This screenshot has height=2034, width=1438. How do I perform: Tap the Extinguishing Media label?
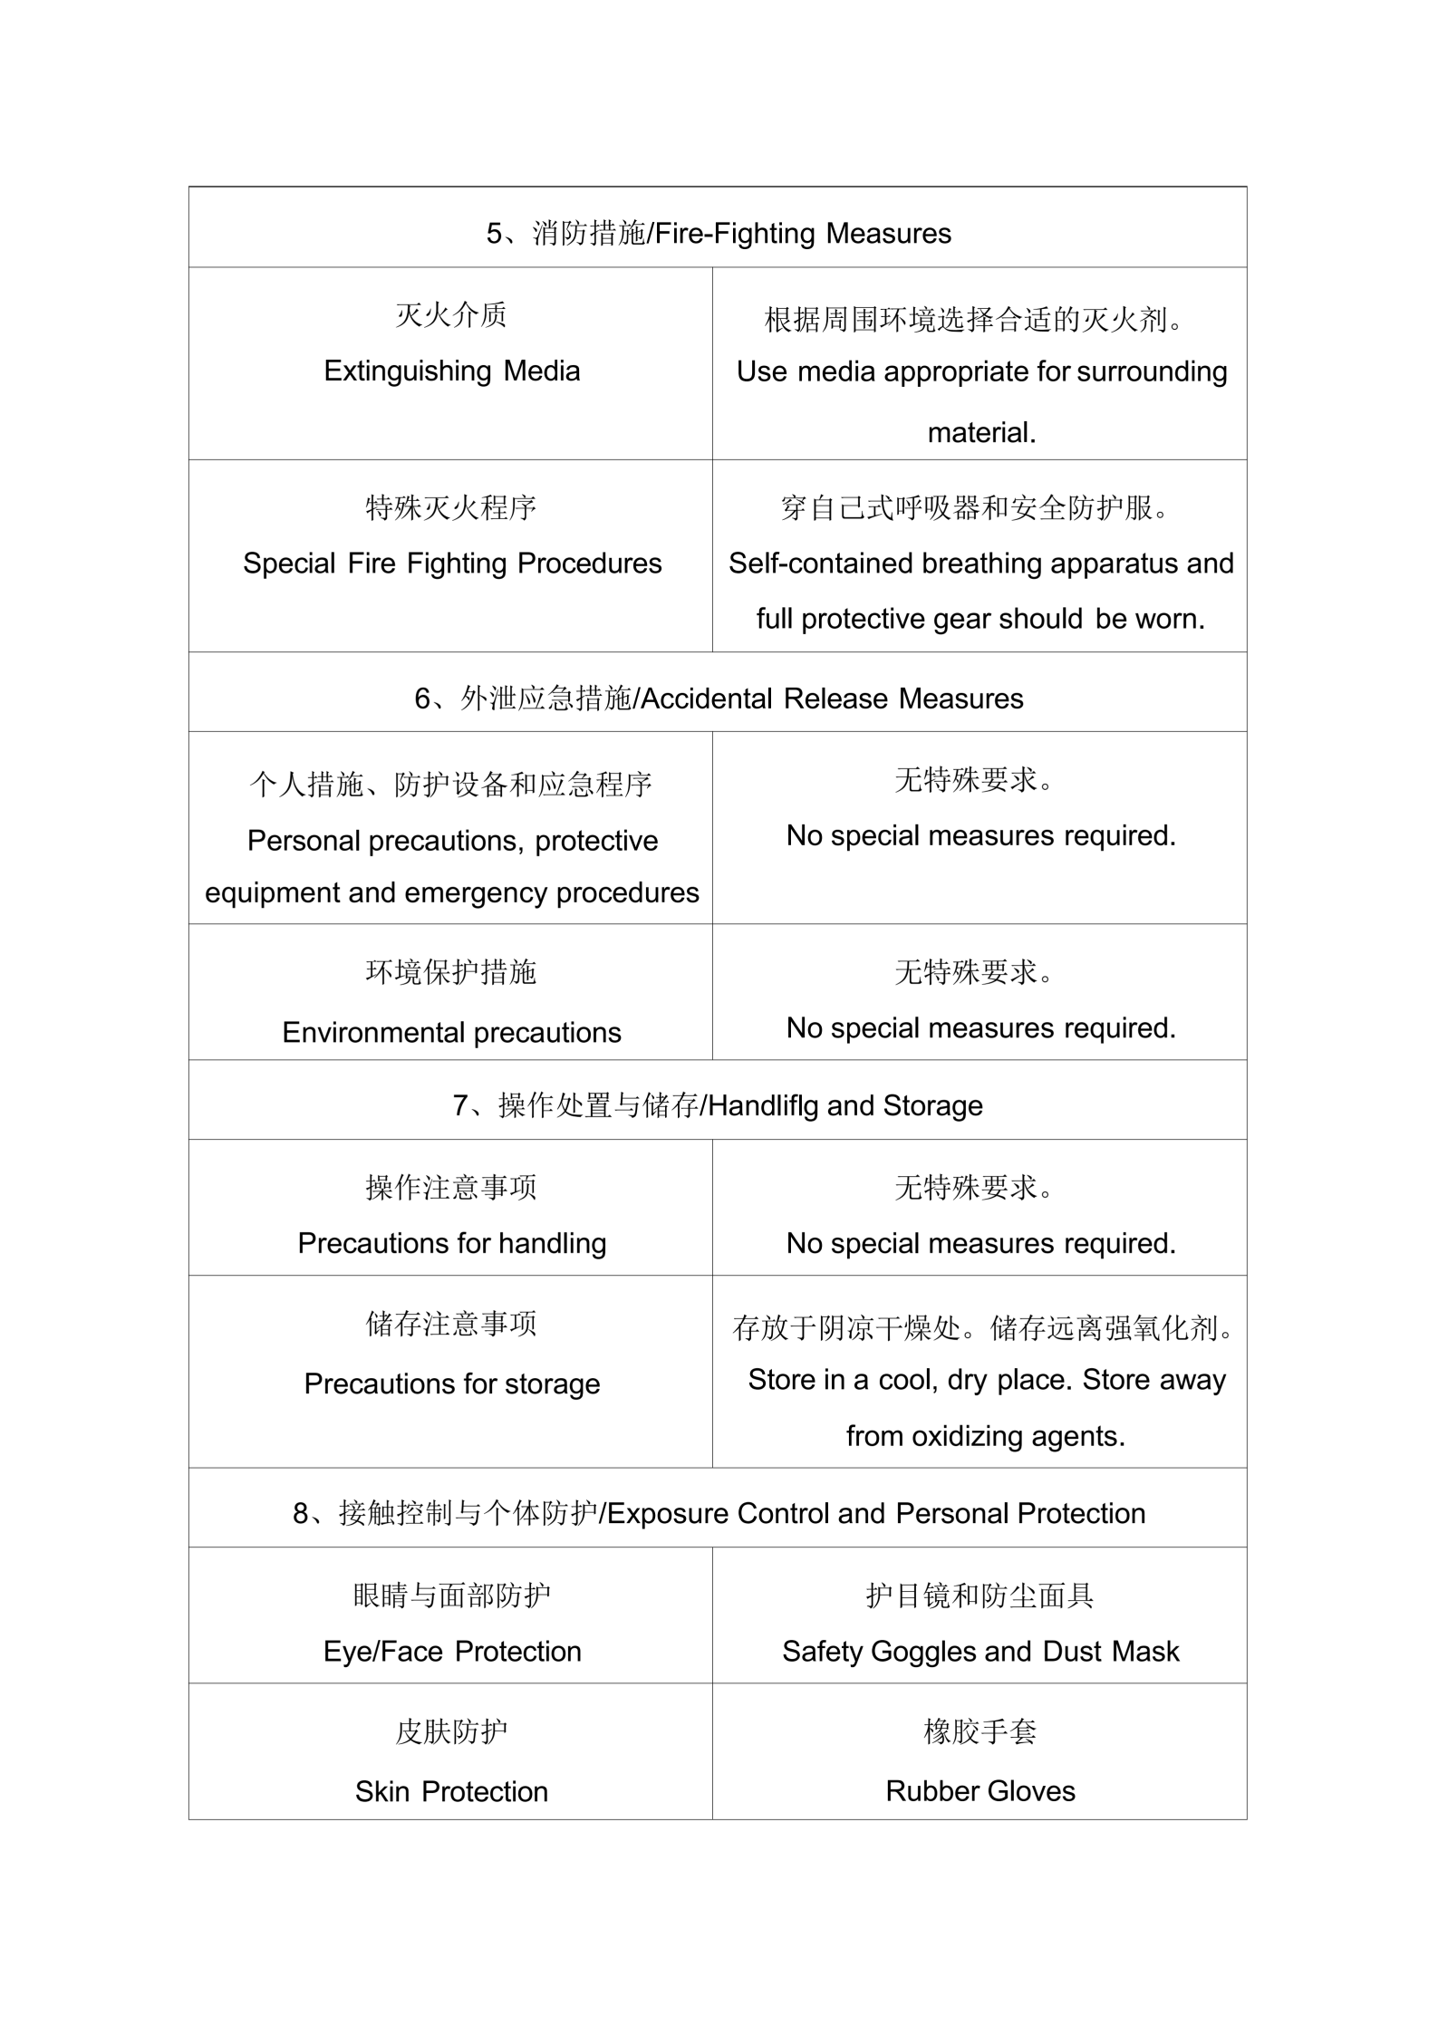[451, 371]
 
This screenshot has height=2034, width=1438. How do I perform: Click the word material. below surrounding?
[981, 432]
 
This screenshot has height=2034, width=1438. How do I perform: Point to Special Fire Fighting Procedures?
[451, 563]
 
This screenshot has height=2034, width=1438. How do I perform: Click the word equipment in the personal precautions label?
[272, 892]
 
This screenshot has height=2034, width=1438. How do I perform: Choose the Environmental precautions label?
[451, 1032]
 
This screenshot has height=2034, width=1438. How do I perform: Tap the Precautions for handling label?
[451, 1243]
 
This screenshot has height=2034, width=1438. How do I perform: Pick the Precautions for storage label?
[451, 1383]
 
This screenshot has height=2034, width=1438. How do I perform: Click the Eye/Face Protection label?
[451, 1652]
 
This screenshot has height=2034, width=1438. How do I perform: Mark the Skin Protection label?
[451, 1791]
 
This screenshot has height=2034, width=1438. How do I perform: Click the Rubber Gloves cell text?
[980, 1791]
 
